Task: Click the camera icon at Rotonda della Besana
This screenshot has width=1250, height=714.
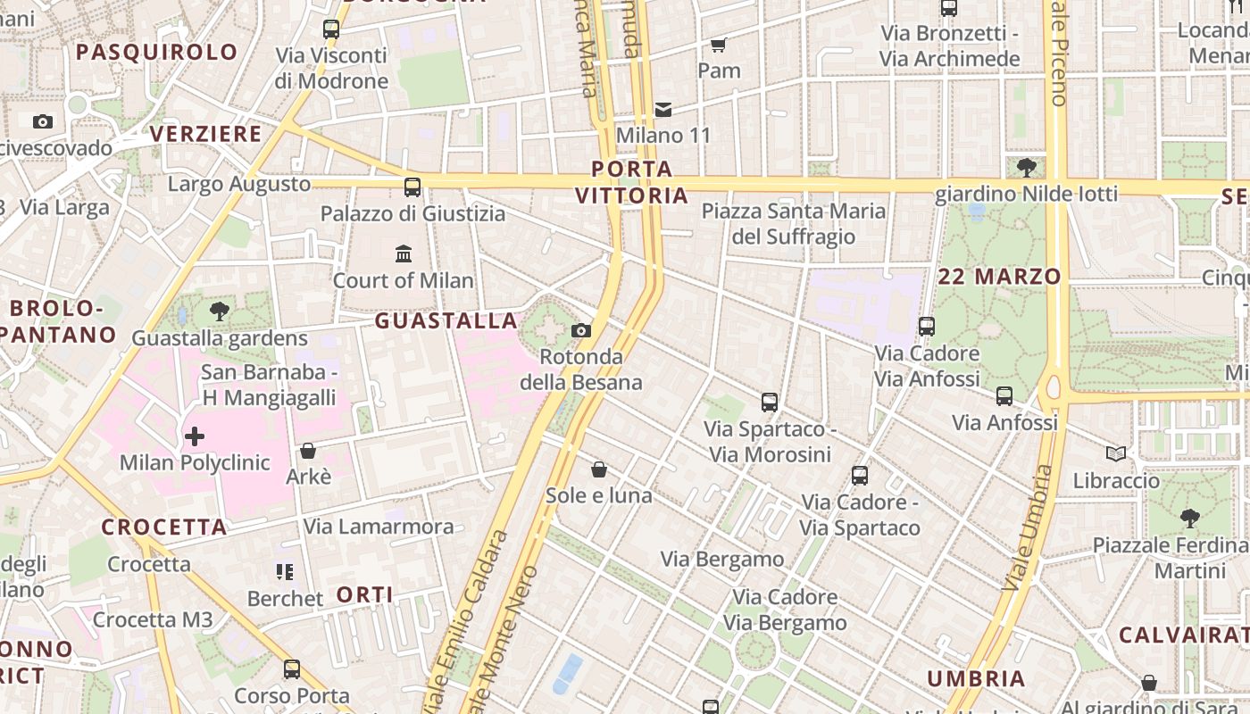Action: coord(581,331)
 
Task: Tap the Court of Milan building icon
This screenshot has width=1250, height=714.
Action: coord(404,254)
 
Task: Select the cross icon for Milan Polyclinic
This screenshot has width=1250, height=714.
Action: coord(195,436)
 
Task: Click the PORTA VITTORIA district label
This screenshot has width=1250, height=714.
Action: coord(632,182)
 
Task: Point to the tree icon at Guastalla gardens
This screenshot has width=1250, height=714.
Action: coord(220,311)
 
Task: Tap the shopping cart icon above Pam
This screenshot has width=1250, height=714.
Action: coord(718,45)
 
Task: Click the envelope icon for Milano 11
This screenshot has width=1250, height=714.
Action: coord(663,110)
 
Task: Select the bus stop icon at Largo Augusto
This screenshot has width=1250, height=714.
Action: coord(412,187)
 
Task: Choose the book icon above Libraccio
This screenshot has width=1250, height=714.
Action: coord(1116,453)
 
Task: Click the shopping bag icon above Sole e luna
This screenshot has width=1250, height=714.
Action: coord(599,469)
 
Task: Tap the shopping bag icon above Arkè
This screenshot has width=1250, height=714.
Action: coord(308,451)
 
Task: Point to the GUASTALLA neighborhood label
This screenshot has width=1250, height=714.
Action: coord(446,320)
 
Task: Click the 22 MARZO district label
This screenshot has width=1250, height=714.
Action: coord(999,277)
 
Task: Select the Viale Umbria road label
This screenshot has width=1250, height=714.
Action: coord(1028,528)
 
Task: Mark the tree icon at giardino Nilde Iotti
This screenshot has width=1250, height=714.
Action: coord(1027,167)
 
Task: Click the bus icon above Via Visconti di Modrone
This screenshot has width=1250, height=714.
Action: coord(331,29)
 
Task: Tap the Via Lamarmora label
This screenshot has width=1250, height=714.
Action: coord(379,527)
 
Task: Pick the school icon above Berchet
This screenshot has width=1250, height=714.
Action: coord(285,571)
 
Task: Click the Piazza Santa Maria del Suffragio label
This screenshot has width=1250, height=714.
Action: coord(794,224)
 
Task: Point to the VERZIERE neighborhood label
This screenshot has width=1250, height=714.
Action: coord(205,134)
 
